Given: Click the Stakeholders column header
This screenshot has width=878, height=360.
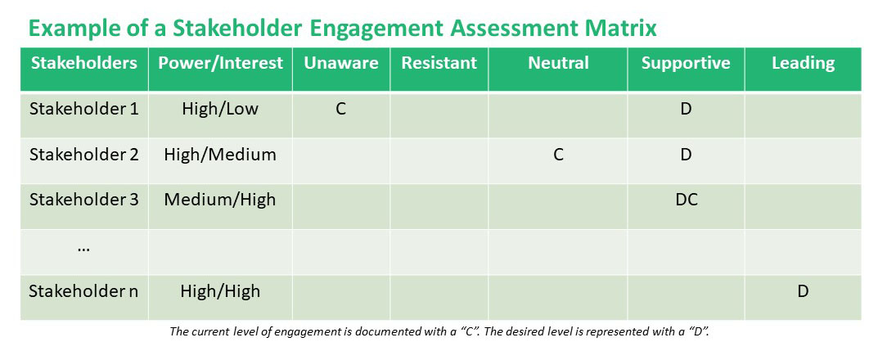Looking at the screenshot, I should pos(83,63).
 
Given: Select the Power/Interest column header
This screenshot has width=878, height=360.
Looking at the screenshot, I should pos(220,63).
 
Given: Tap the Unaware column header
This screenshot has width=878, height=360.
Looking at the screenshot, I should pos(340,63).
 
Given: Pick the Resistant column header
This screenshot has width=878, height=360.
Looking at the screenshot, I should pos(439,63).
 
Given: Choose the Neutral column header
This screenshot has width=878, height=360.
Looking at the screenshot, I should pos(558,63).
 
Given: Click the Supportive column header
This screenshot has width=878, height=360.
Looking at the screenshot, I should pos(686,63).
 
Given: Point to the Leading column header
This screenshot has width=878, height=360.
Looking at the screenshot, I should pos(803,63).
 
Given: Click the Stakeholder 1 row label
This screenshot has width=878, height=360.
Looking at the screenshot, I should pos(83,109).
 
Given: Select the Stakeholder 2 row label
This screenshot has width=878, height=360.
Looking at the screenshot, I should pos(83,154).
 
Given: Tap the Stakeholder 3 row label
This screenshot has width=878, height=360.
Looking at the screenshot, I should pos(83,199).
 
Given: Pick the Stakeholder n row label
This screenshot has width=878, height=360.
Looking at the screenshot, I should pos(83,290).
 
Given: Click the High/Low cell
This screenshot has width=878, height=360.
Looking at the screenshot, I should pos(220,109).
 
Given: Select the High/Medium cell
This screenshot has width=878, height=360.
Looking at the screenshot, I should pos(220,154).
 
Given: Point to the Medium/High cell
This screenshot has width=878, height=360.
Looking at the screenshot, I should pos(220,199).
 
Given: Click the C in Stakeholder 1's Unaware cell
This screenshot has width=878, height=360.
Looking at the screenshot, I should pos(340,109).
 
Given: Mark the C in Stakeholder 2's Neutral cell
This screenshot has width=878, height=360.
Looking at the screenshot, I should pos(558,154).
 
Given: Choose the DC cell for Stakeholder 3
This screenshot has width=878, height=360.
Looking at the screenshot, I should pos(686,199).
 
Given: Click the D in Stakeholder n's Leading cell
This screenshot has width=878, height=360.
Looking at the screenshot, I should pos(803,290).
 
